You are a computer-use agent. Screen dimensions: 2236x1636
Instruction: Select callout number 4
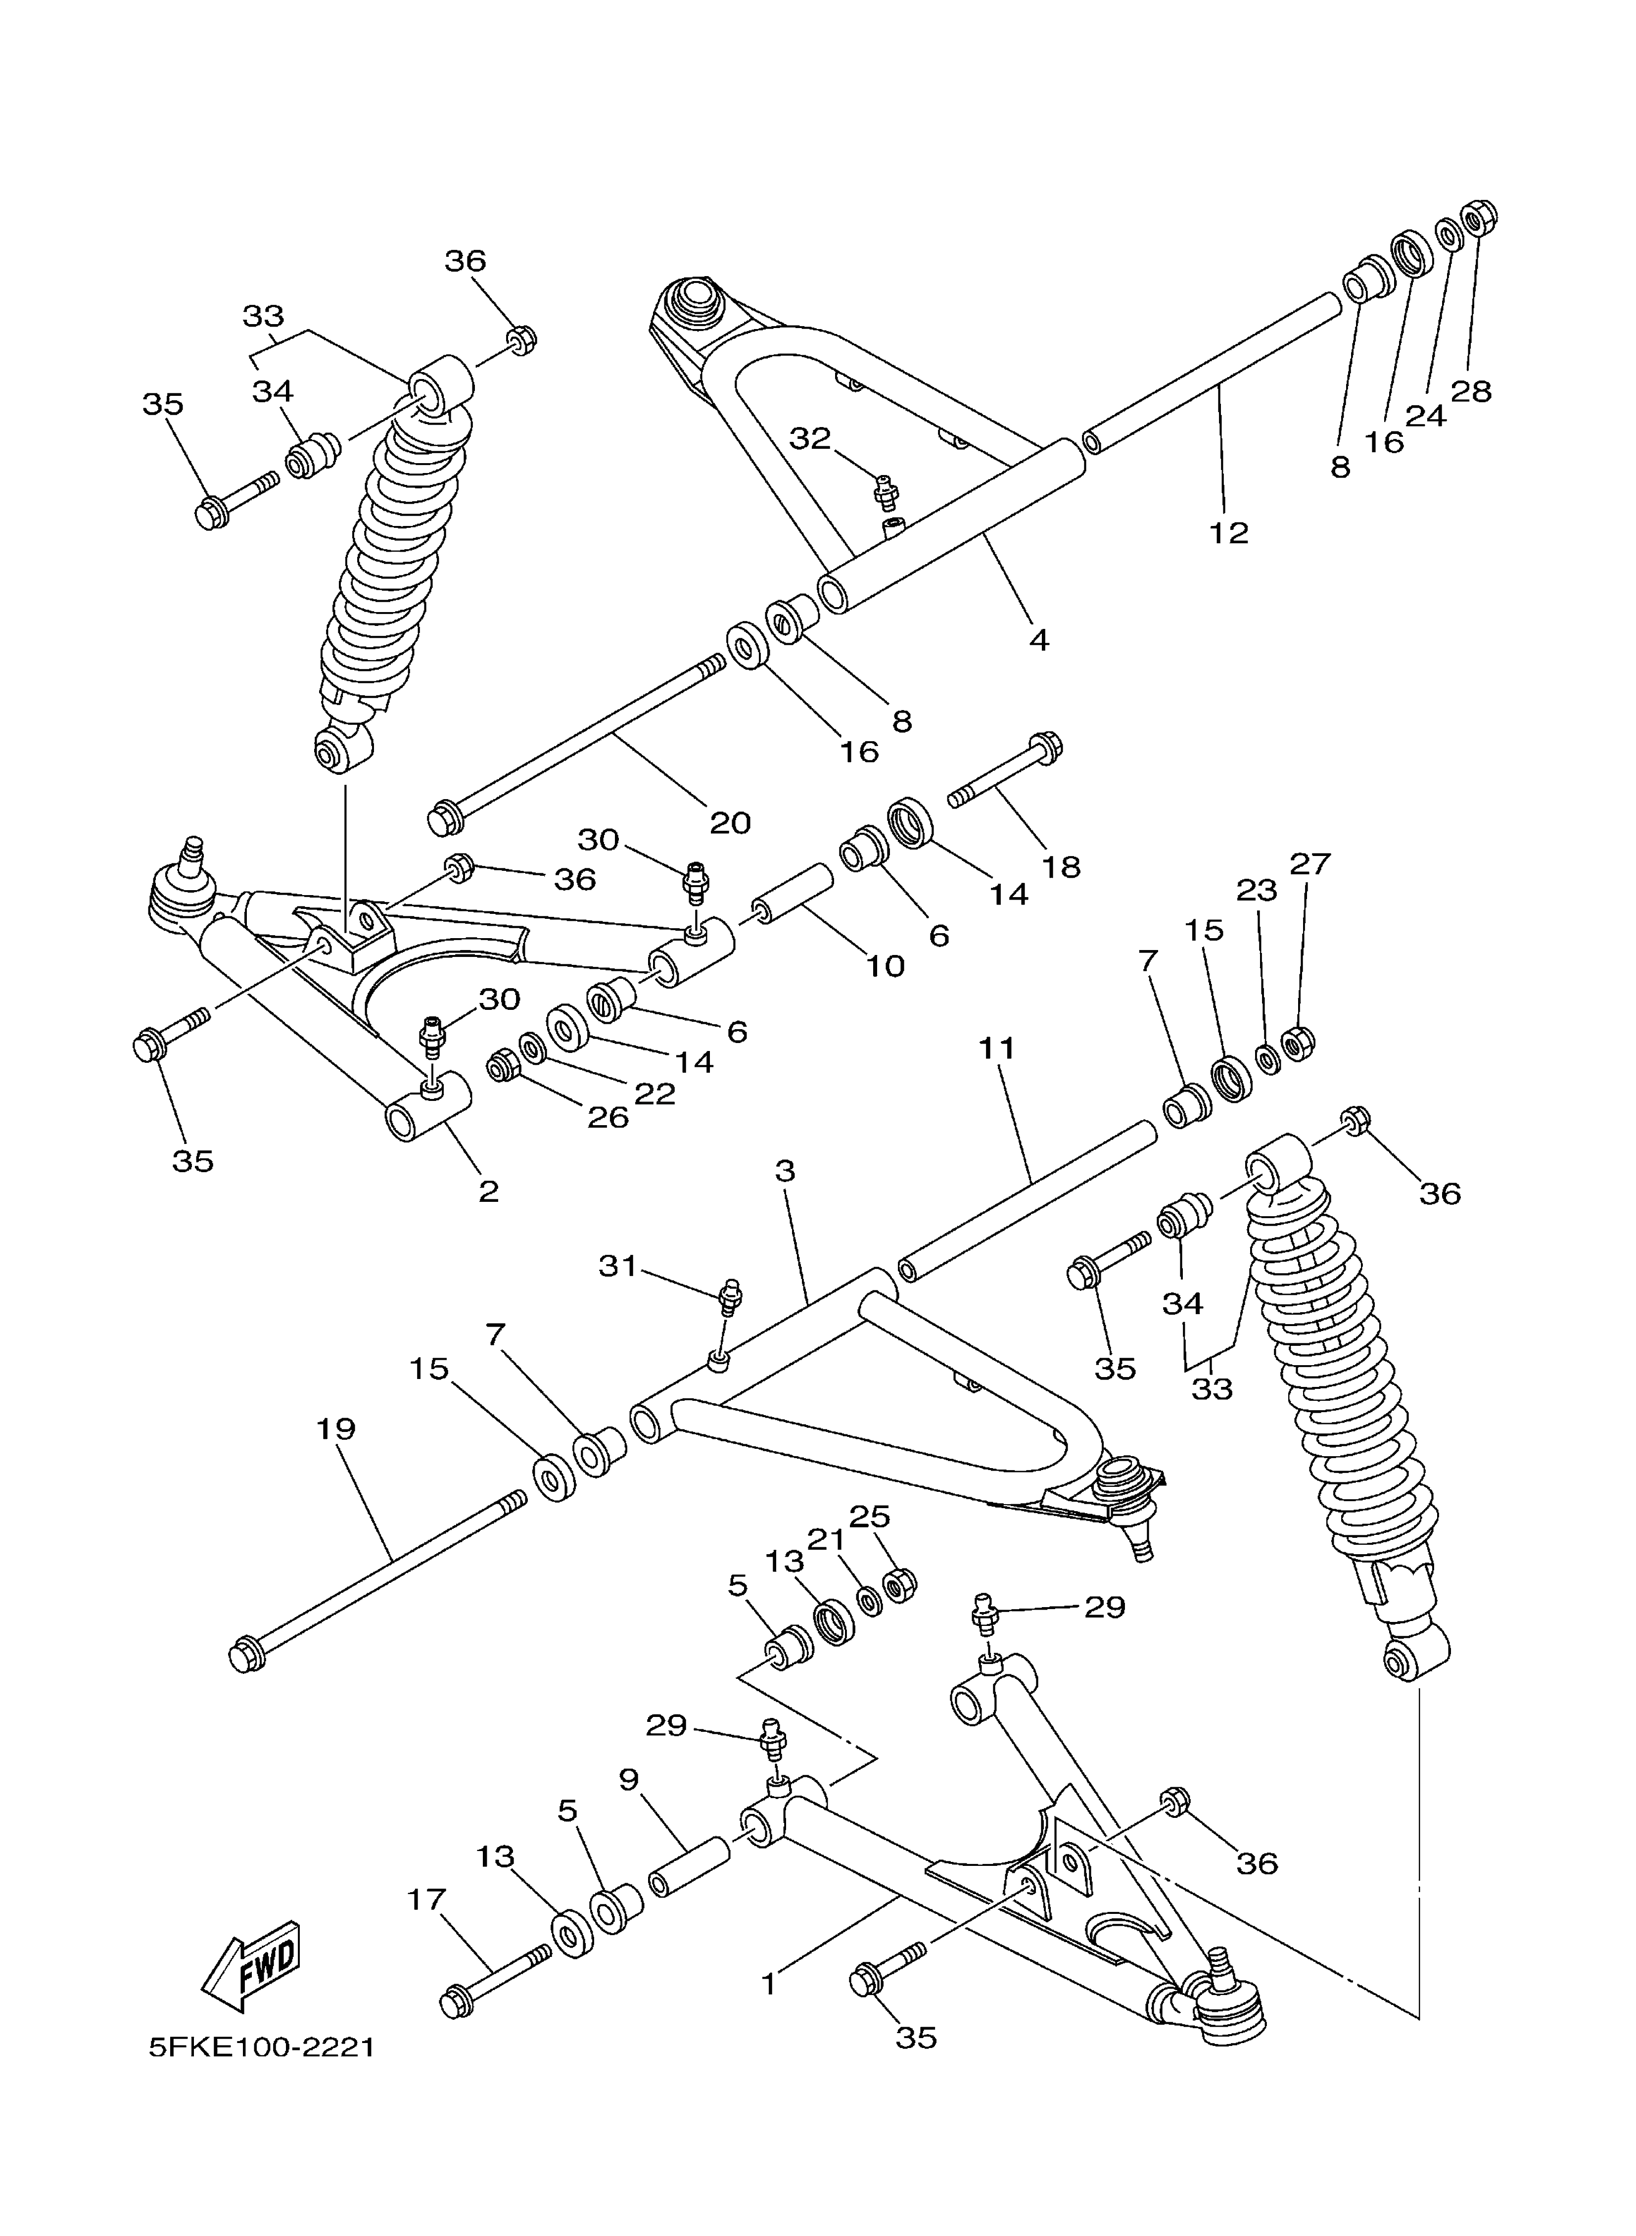pyautogui.click(x=1038, y=640)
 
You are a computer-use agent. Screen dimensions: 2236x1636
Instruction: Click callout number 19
pyautogui.click(x=336, y=1429)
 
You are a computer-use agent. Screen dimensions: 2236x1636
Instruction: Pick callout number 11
pyautogui.click(x=997, y=1047)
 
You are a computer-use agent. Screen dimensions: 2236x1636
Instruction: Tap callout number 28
pyautogui.click(x=1471, y=391)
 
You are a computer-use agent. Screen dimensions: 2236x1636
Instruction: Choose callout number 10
pyautogui.click(x=886, y=965)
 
